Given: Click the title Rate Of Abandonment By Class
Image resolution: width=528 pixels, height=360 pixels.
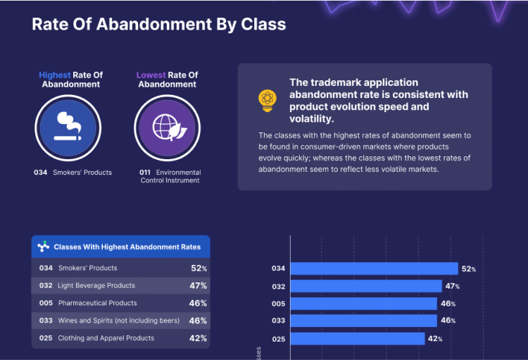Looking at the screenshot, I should coord(158,25).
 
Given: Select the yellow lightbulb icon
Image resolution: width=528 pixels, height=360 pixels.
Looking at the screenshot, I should coord(268,101).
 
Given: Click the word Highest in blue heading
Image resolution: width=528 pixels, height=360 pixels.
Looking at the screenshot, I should coord(54,75).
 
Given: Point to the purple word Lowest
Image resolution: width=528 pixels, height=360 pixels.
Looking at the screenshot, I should coord(151,75).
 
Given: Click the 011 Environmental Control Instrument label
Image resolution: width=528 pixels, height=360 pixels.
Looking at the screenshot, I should coord(170,176).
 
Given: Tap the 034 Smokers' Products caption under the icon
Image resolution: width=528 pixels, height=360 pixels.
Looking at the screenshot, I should coord(73,173).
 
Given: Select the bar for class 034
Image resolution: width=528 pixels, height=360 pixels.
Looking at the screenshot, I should coord(373,268).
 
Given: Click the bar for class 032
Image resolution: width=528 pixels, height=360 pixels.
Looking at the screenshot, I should coord(365,286).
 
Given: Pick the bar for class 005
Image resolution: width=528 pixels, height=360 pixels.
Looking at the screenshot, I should coord(363,304).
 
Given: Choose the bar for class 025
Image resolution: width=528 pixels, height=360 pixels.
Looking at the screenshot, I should coord(357,339).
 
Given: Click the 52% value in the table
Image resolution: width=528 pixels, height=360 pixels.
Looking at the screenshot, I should coord(199,268).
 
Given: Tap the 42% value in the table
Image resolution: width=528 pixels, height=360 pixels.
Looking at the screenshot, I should coord(199,338).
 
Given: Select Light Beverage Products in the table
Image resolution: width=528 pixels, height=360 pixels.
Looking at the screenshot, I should coord(96,286).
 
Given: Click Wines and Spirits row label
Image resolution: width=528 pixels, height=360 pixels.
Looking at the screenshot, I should coord(118,321).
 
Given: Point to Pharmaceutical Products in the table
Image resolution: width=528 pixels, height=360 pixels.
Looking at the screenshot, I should coord(97,303).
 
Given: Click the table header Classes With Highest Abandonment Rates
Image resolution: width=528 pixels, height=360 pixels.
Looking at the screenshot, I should coord(127,247).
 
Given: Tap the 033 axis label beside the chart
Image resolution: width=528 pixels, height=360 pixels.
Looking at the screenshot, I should coord(279,321).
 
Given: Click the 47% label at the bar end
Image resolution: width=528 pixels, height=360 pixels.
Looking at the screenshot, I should coord(452,287).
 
